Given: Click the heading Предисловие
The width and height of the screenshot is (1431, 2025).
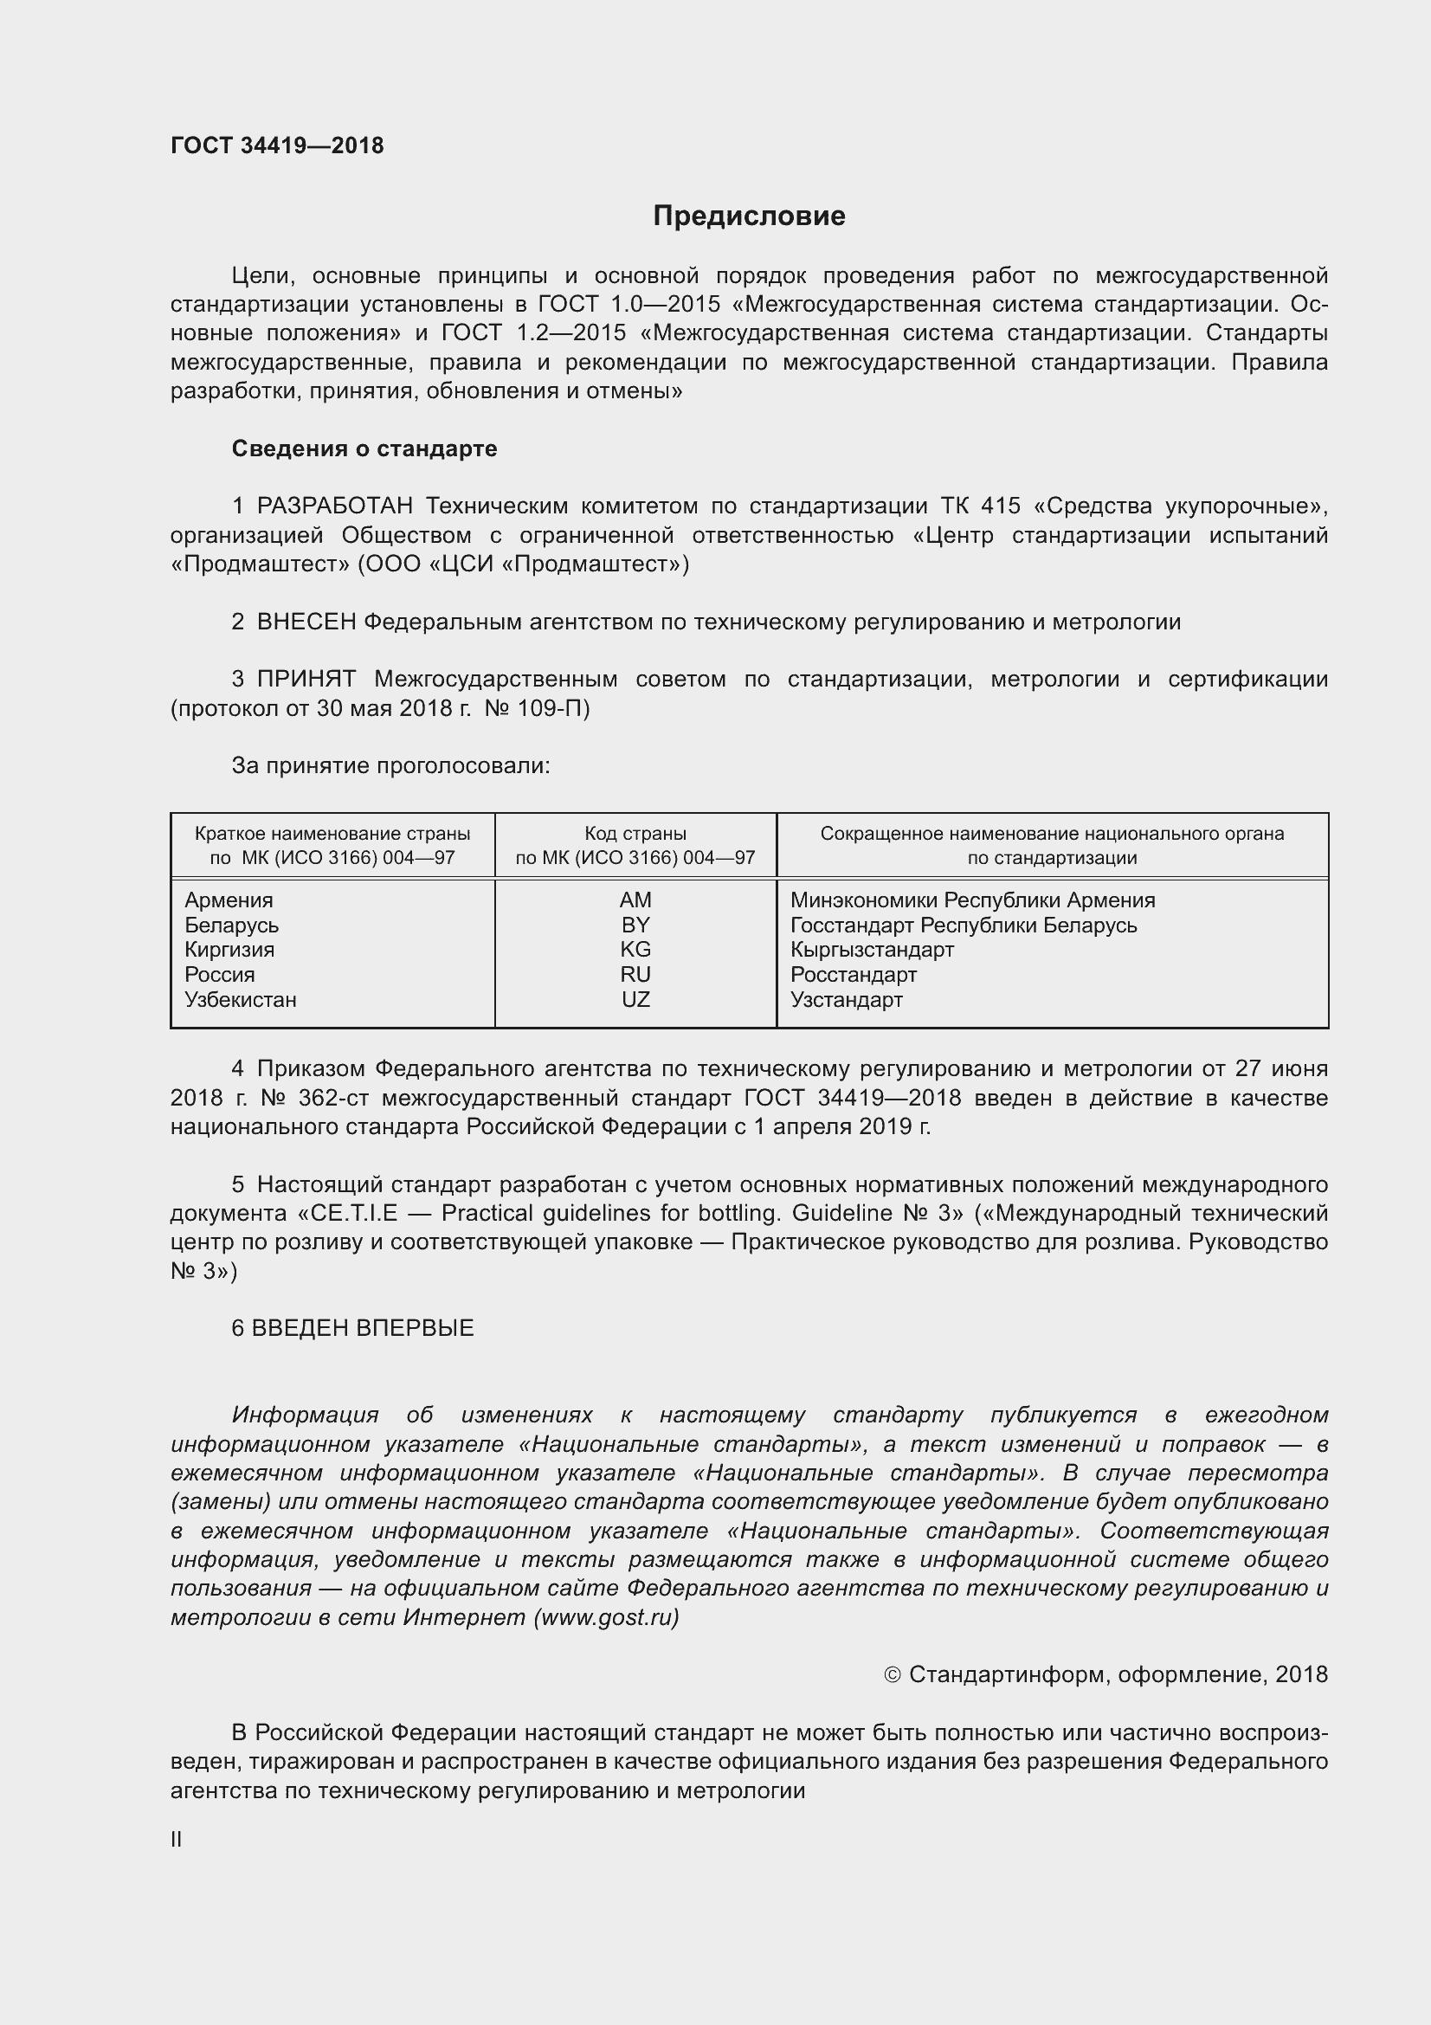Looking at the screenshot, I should [x=749, y=216].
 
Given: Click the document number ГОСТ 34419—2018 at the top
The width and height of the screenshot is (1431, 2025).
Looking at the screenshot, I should [x=277, y=145].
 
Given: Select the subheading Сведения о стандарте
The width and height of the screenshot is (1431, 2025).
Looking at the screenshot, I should [x=364, y=449].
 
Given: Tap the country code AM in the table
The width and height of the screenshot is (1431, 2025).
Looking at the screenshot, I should [x=635, y=900].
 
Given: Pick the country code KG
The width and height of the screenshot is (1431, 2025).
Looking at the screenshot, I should [x=635, y=949].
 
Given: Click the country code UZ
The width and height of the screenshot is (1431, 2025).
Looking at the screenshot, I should [x=635, y=999].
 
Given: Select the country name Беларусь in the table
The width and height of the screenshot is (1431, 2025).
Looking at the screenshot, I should [x=231, y=925].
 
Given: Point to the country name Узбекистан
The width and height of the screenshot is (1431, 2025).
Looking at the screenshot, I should [x=240, y=1000].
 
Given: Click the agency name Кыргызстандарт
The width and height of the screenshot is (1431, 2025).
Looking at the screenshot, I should [x=871, y=950].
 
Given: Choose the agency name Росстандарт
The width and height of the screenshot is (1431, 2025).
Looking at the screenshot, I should [x=853, y=975].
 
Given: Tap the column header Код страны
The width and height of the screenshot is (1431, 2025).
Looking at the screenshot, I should [x=635, y=834].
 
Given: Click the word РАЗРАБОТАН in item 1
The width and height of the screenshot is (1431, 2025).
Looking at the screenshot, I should [x=334, y=506].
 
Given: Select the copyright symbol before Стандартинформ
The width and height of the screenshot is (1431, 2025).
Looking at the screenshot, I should [x=893, y=1675].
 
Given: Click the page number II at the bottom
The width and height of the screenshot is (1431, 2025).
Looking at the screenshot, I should [x=177, y=1840].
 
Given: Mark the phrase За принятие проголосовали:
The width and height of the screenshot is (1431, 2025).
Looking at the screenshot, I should [x=390, y=765].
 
